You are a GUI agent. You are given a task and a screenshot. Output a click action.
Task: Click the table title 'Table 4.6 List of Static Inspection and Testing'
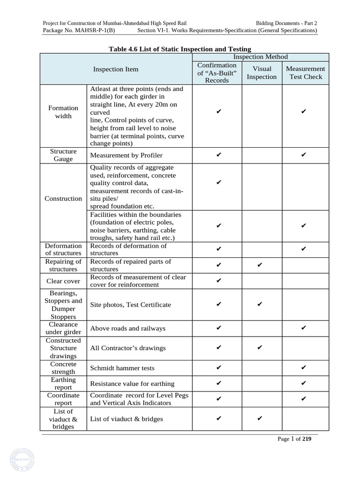[180, 49]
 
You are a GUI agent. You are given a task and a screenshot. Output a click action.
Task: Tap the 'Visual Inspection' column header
[262, 73]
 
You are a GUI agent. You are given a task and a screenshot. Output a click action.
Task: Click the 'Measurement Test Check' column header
[306, 73]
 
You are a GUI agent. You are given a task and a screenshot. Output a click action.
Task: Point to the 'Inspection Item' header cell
[116, 69]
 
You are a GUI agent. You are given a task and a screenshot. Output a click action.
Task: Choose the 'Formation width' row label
[63, 112]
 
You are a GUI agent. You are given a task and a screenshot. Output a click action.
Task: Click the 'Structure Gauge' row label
[63, 155]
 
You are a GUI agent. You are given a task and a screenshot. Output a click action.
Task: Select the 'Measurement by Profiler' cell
[126, 155]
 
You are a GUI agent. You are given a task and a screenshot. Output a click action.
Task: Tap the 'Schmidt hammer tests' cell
[122, 368]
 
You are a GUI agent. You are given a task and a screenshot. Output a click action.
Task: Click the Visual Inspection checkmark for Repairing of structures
[260, 265]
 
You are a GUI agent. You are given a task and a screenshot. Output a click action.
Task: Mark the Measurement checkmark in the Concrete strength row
[304, 368]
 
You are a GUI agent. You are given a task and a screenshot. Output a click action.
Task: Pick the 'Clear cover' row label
[63, 281]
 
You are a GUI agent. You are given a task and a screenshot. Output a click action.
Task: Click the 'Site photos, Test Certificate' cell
[130, 305]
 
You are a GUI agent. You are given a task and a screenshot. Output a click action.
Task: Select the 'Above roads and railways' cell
[127, 328]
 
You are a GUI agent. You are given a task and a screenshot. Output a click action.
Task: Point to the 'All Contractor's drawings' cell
[127, 348]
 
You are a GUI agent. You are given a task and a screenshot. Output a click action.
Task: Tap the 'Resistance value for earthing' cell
[132, 384]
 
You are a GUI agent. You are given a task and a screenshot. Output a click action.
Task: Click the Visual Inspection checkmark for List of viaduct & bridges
[260, 419]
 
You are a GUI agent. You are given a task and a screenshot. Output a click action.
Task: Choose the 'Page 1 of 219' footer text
[294, 439]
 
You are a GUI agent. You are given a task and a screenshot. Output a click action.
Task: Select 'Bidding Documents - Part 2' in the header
[286, 23]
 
